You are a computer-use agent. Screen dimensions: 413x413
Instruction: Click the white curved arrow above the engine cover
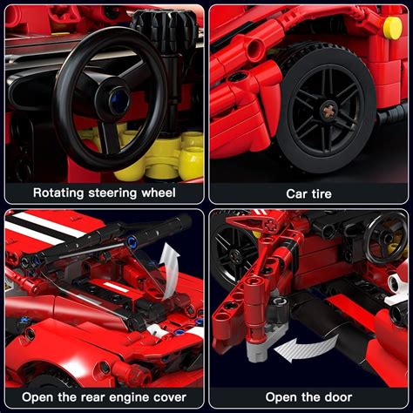point(171,258)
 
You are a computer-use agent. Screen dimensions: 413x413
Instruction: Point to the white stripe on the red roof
point(39,228)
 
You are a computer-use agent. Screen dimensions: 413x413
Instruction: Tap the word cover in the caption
point(174,397)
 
